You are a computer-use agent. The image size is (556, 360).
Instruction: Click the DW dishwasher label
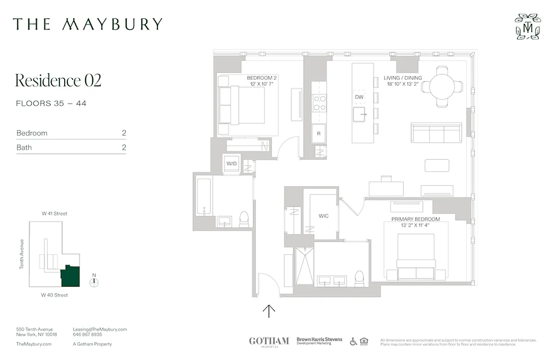[359, 97]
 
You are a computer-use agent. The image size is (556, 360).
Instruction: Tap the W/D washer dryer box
[231, 164]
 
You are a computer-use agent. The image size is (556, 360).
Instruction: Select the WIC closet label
[323, 216]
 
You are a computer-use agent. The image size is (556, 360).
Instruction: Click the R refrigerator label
[318, 133]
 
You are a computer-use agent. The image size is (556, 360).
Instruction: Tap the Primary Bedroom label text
[415, 219]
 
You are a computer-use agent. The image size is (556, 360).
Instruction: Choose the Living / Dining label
[403, 78]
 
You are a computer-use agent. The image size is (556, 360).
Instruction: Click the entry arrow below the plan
[269, 311]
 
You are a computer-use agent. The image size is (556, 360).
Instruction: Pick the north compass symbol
[94, 283]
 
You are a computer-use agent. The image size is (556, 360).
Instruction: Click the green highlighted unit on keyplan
[71, 276]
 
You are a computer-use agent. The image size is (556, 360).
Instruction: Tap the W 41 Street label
[54, 214]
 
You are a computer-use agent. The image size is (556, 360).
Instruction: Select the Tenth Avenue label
[22, 254]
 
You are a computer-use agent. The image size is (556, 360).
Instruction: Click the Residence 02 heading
[58, 81]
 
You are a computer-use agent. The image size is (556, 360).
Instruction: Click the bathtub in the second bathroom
[204, 197]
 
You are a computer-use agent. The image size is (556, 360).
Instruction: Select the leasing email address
[99, 329]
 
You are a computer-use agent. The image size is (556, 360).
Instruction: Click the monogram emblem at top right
[527, 27]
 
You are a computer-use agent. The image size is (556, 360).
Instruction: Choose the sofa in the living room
[436, 133]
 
